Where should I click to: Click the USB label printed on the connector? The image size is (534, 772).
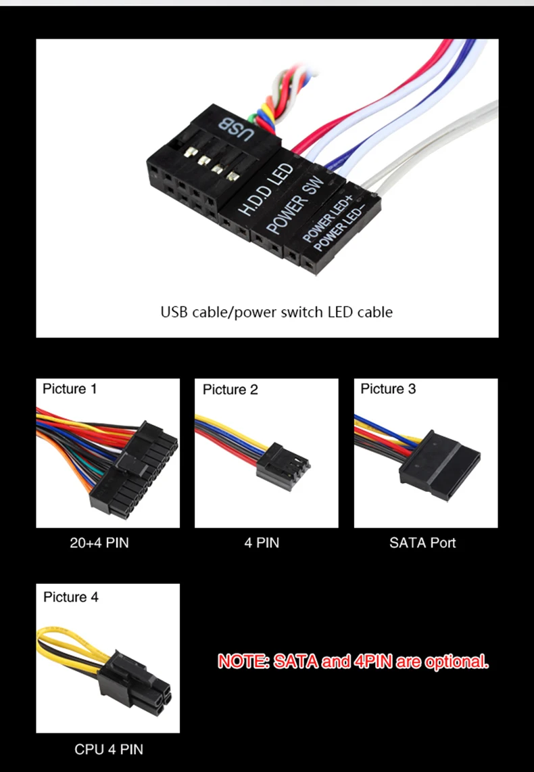[237, 129]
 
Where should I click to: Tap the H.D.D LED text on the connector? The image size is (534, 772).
[266, 189]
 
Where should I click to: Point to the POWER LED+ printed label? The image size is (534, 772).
[329, 218]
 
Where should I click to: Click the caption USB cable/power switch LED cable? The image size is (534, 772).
[276, 312]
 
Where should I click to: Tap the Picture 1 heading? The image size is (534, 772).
[70, 389]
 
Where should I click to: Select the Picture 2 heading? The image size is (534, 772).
[230, 390]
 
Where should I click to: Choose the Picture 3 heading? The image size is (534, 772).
[388, 389]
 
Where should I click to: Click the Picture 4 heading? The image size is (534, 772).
[71, 597]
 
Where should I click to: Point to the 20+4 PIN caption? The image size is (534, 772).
[99, 543]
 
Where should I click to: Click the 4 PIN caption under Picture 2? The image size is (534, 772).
[262, 543]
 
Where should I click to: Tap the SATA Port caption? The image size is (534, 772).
[422, 543]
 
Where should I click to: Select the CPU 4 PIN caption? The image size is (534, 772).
[109, 750]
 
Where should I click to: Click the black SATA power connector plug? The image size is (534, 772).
[439, 466]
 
